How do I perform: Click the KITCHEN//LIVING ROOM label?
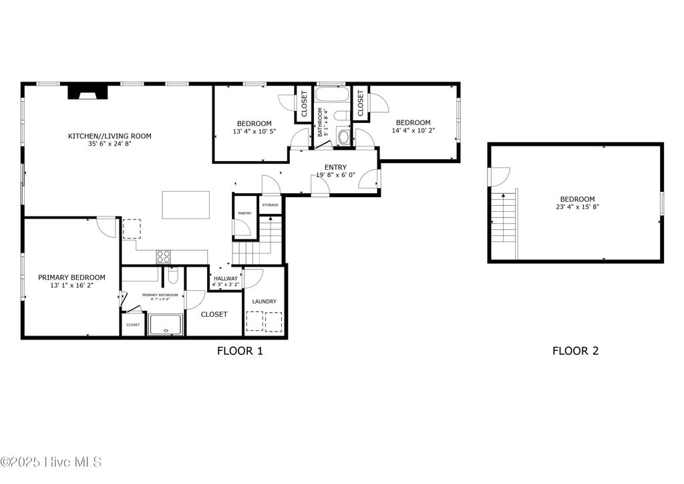click(x=110, y=136)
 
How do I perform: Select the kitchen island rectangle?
click(x=186, y=205)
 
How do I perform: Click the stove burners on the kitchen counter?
click(x=164, y=256)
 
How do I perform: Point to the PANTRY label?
click(x=244, y=213)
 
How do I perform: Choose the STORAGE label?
click(x=270, y=205)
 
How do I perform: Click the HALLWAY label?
click(x=226, y=278)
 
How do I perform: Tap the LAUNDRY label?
click(x=265, y=301)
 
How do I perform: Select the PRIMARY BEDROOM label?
click(x=71, y=277)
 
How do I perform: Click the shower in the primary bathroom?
click(x=165, y=325)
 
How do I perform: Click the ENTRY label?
click(x=335, y=167)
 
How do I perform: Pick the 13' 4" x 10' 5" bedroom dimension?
click(x=254, y=132)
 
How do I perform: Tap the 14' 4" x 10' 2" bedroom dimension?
click(x=413, y=131)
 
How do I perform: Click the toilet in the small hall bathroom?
click(x=344, y=137)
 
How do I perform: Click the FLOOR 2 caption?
click(x=575, y=350)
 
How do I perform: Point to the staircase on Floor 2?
click(x=504, y=217)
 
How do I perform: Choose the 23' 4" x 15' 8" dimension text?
click(x=577, y=207)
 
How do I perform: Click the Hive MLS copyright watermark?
click(x=51, y=462)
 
